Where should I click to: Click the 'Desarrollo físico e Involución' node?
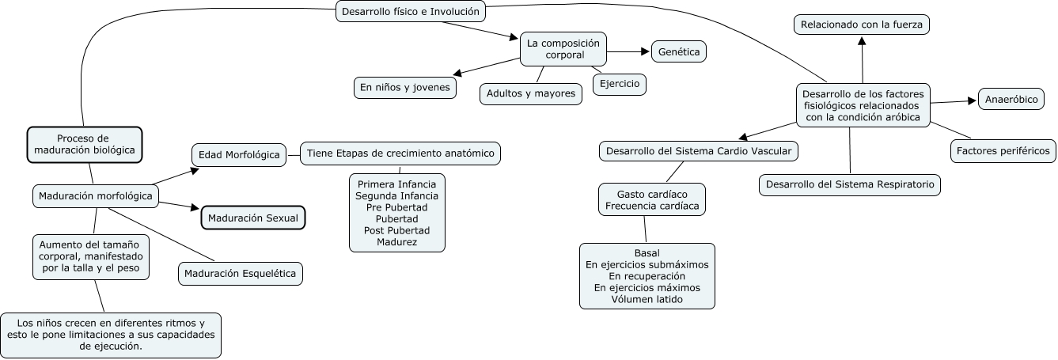[x=410, y=11]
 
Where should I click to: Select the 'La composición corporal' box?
[x=564, y=49]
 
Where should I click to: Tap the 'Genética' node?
[x=678, y=53]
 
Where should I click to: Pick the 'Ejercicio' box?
[x=620, y=84]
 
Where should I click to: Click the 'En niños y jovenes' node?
[x=404, y=88]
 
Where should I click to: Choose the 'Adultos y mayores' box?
[x=531, y=93]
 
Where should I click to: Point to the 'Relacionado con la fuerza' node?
[x=862, y=25]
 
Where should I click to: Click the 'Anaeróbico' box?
[x=1012, y=100]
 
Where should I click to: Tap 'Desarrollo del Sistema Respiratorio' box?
[x=850, y=185]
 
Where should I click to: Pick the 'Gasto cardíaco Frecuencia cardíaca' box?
[x=652, y=200]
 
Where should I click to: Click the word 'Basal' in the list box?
[x=647, y=253]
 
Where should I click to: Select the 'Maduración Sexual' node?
[x=253, y=218]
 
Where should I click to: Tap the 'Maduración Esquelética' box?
[x=241, y=275]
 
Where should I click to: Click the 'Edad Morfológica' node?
[x=238, y=155]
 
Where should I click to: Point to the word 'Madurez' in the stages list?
[x=396, y=241]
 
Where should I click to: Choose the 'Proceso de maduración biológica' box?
[x=85, y=143]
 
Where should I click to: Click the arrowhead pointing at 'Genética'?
[x=643, y=52]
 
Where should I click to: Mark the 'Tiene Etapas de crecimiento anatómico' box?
[x=400, y=153]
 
